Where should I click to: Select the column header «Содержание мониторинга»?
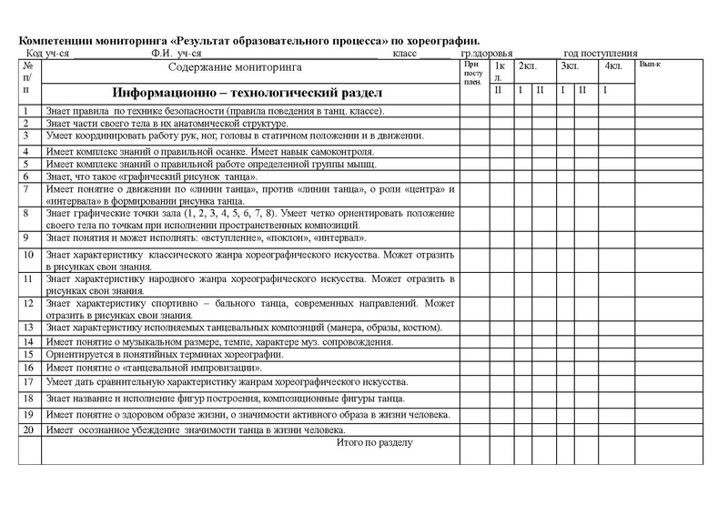pos(241,68)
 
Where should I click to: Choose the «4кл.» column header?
pos(612,66)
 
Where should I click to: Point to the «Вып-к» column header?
pos(650,65)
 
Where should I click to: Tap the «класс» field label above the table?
pos(405,54)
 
